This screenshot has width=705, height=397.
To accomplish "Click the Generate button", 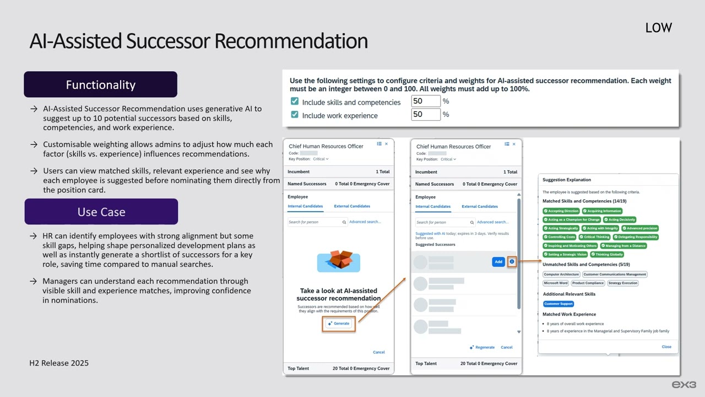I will tap(339, 324).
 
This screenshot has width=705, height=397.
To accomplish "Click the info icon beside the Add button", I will tap(512, 262).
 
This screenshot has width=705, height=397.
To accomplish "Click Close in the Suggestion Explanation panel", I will tap(666, 347).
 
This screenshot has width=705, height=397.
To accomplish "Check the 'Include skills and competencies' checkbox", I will tap(295, 101).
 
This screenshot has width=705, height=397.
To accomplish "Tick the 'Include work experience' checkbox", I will tap(295, 115).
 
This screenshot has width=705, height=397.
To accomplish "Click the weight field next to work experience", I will tap(425, 115).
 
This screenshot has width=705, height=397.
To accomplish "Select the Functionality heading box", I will tap(100, 84).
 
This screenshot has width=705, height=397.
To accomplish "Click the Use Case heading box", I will tap(101, 212).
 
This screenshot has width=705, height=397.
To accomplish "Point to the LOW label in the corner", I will tap(658, 28).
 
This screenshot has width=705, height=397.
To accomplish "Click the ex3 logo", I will tap(684, 384).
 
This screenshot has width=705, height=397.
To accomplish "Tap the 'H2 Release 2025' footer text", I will tap(59, 363).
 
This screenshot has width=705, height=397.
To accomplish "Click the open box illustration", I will tap(338, 260).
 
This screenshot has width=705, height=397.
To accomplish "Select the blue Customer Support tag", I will tap(558, 304).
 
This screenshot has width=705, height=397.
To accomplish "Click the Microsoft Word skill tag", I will tap(555, 283).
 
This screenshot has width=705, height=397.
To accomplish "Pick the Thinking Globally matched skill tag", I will tap(607, 255).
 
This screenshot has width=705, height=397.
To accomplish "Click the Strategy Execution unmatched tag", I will tap(623, 283).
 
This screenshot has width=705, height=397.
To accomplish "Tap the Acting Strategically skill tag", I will tap(561, 228).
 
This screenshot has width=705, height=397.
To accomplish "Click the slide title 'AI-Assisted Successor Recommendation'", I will tap(198, 41).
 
